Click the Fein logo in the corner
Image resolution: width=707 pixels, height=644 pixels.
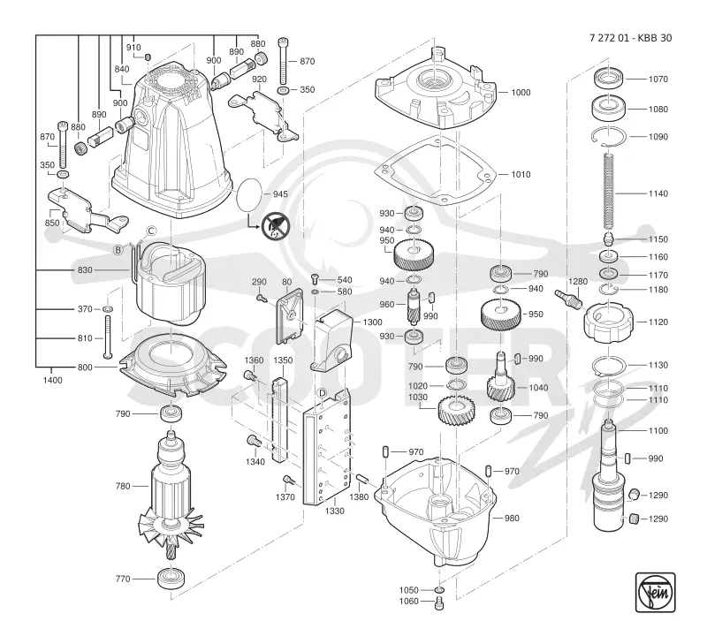pyautogui.click(x=655, y=592)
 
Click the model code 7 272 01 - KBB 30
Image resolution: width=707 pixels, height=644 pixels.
pyautogui.click(x=630, y=38)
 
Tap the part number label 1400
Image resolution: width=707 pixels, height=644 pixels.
pyautogui.click(x=53, y=380)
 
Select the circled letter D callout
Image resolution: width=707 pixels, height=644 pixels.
pyautogui.click(x=322, y=393)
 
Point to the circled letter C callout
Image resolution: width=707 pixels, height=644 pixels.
pyautogui.click(x=151, y=231)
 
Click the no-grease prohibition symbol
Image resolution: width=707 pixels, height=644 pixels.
pyautogui.click(x=276, y=226)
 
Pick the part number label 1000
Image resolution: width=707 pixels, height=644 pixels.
pyautogui.click(x=521, y=93)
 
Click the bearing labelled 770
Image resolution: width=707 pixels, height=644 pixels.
pyautogui.click(x=171, y=579)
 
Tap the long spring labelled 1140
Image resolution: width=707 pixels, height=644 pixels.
pyautogui.click(x=609, y=191)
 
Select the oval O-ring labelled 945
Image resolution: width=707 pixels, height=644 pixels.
pyautogui.click(x=249, y=194)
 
